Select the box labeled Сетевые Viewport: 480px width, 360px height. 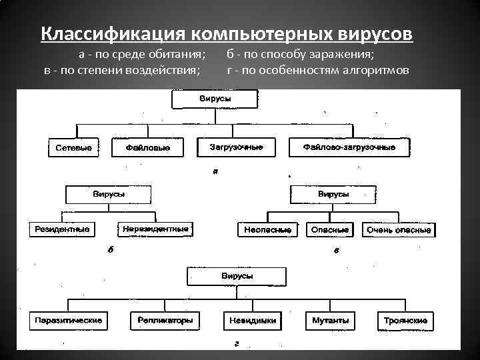(73, 147)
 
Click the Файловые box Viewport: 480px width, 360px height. (147, 147)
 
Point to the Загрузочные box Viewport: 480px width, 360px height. (236, 147)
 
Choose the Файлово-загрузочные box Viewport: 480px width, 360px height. (349, 147)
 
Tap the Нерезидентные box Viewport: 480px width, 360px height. (156, 229)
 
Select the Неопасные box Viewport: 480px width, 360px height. (267, 230)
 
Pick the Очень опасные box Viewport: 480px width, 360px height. (399, 230)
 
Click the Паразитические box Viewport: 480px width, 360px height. (69, 321)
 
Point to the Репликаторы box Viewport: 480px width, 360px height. (165, 321)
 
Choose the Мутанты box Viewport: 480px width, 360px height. (330, 321)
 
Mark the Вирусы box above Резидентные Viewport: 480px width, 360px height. (109, 195)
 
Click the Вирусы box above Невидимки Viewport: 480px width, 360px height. (237, 276)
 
